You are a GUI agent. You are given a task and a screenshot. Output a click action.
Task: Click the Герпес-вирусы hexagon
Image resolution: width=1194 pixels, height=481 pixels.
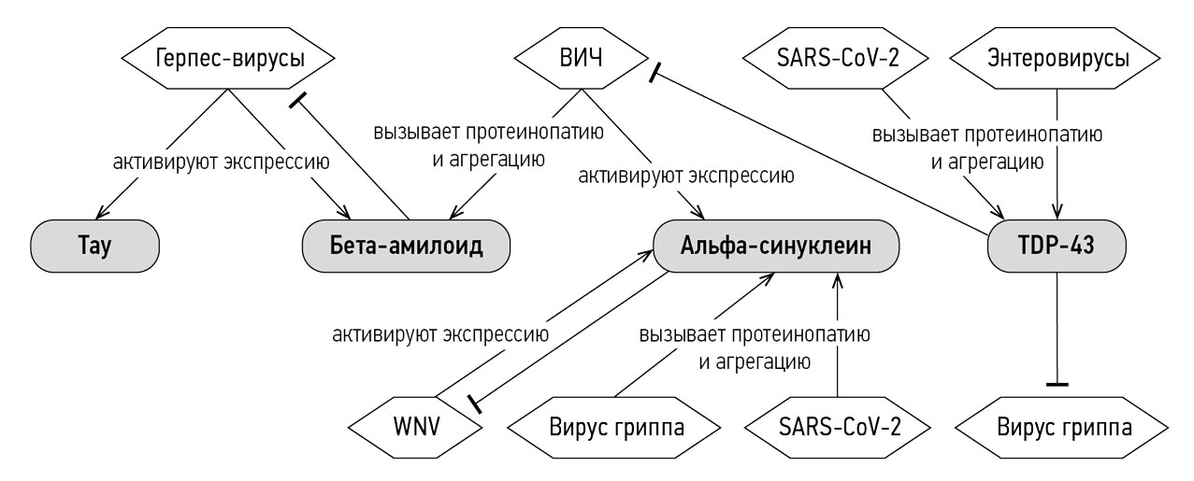click(228, 58)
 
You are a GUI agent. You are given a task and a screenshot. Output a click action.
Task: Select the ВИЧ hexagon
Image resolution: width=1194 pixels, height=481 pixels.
click(581, 58)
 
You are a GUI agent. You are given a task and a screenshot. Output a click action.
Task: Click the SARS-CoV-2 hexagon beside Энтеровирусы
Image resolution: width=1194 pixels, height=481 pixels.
click(836, 58)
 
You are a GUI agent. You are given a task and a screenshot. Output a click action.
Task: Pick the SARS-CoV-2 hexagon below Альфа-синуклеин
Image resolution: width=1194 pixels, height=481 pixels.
click(838, 428)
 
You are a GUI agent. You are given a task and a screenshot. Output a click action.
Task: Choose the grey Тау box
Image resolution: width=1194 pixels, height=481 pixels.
click(94, 246)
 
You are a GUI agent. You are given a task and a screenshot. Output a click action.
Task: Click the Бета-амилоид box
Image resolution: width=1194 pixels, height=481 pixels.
click(406, 246)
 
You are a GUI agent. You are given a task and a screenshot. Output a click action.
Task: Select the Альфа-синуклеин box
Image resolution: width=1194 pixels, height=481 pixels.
click(776, 246)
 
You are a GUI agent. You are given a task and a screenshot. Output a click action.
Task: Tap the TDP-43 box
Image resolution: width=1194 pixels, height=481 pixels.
click(1057, 246)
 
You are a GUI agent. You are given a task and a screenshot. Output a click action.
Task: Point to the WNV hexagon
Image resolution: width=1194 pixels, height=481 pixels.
click(416, 428)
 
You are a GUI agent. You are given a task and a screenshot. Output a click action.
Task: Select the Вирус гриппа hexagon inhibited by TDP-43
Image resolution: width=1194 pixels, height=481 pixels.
click(1062, 428)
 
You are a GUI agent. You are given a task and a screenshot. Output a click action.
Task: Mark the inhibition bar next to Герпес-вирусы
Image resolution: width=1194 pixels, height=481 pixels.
click(298, 100)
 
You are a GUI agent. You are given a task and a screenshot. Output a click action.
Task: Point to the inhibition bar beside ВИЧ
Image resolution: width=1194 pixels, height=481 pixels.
click(655, 73)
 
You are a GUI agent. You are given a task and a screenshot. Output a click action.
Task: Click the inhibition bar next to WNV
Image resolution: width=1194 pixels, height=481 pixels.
click(474, 403)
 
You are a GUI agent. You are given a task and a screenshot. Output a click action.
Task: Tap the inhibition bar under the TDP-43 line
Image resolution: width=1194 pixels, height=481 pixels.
click(1057, 384)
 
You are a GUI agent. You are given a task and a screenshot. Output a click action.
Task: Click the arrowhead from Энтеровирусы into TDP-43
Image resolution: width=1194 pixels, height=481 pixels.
click(1057, 211)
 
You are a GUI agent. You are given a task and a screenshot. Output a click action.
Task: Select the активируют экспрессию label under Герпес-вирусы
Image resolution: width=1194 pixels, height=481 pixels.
click(222, 162)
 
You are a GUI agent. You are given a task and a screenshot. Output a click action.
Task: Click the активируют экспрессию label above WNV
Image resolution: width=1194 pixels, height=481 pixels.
click(440, 334)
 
